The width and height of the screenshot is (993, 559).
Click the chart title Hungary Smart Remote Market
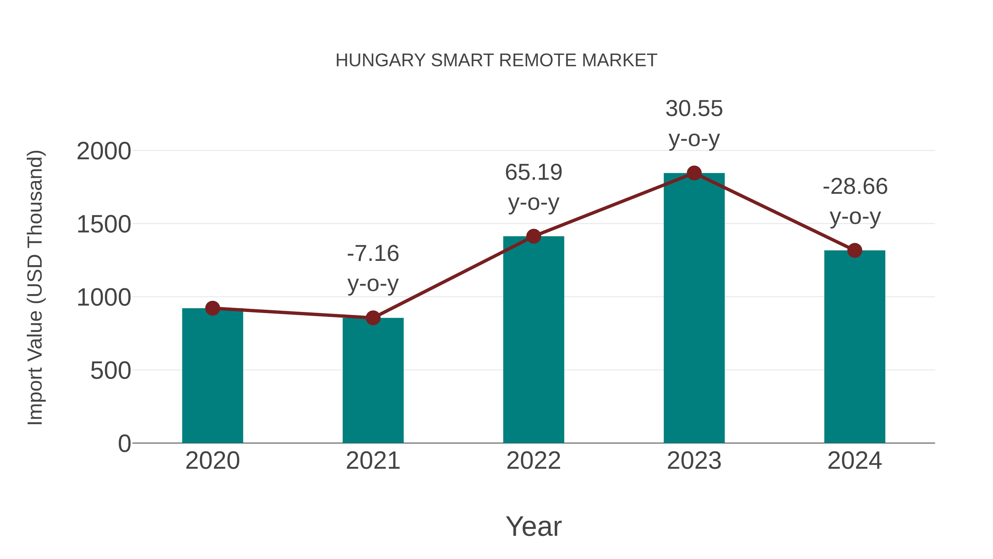496,60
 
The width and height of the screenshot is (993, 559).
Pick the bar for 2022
533,340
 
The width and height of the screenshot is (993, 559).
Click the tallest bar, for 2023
694,308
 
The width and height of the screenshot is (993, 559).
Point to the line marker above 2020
212,308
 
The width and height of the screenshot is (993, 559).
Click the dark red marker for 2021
373,318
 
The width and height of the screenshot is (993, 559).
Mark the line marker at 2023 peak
694,173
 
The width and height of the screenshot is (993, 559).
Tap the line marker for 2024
855,250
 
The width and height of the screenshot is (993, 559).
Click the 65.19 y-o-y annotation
533,187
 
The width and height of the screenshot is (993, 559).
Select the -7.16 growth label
373,269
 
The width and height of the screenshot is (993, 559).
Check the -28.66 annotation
855,202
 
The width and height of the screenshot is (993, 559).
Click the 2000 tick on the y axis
104,151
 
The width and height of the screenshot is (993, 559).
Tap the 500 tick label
111,371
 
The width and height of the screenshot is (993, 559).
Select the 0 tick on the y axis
124,444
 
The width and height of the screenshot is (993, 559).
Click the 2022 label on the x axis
533,461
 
